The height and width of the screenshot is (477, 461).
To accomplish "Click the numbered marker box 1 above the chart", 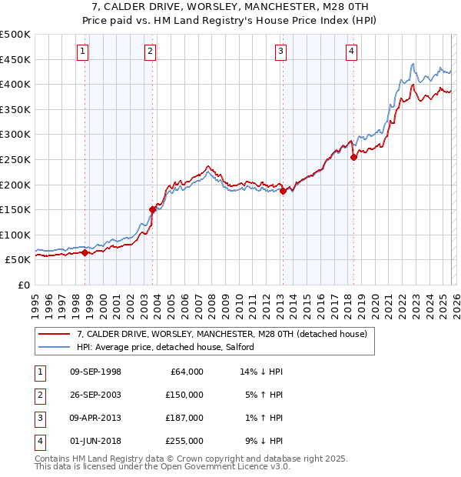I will [x=82, y=52].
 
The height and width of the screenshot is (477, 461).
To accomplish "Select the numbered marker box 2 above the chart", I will [x=150, y=52].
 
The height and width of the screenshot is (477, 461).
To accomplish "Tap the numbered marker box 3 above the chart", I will [x=280, y=52].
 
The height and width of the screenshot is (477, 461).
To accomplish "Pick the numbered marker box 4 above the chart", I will [x=350, y=52].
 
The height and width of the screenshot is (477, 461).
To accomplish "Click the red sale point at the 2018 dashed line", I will [x=353, y=157].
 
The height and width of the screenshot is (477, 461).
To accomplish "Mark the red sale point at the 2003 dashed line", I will [x=153, y=209].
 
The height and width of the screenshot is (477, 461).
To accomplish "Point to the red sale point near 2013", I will [x=283, y=191].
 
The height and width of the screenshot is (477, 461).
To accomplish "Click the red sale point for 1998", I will [x=85, y=252].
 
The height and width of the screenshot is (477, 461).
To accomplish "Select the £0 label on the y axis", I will [x=24, y=285].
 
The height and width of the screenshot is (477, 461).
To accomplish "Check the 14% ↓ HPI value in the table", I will [x=262, y=371].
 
